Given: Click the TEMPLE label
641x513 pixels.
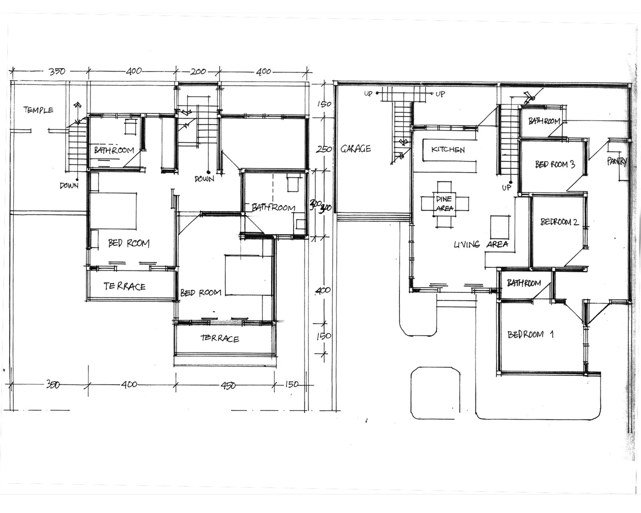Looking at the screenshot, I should click(x=38, y=109).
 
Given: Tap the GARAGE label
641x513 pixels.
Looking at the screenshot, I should click(x=356, y=149).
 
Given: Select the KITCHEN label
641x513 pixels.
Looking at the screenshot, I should click(x=448, y=149).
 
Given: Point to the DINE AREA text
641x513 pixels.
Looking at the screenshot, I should click(x=444, y=204).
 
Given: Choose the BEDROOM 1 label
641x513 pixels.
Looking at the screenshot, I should click(x=530, y=334).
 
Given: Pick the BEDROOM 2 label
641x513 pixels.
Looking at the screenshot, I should click(x=559, y=222).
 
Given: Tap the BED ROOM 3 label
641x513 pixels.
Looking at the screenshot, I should click(x=555, y=164).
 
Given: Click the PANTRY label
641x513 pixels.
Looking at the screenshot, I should click(x=617, y=161).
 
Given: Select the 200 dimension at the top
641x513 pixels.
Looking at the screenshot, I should click(x=198, y=71).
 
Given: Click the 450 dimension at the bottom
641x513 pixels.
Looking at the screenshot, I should click(x=228, y=385).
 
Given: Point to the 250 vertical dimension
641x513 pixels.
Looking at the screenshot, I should click(x=324, y=149).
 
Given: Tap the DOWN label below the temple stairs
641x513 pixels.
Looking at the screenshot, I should click(x=69, y=186).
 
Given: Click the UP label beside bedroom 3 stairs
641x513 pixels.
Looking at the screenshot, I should click(x=506, y=188).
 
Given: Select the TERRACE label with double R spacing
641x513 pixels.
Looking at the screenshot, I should click(x=125, y=286).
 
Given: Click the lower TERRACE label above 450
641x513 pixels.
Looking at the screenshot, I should click(x=220, y=338).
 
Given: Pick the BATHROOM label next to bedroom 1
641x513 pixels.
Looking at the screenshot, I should click(x=524, y=283).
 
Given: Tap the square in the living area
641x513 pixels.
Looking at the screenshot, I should click(x=500, y=227).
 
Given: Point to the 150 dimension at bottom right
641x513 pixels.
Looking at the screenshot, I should click(x=292, y=384).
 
